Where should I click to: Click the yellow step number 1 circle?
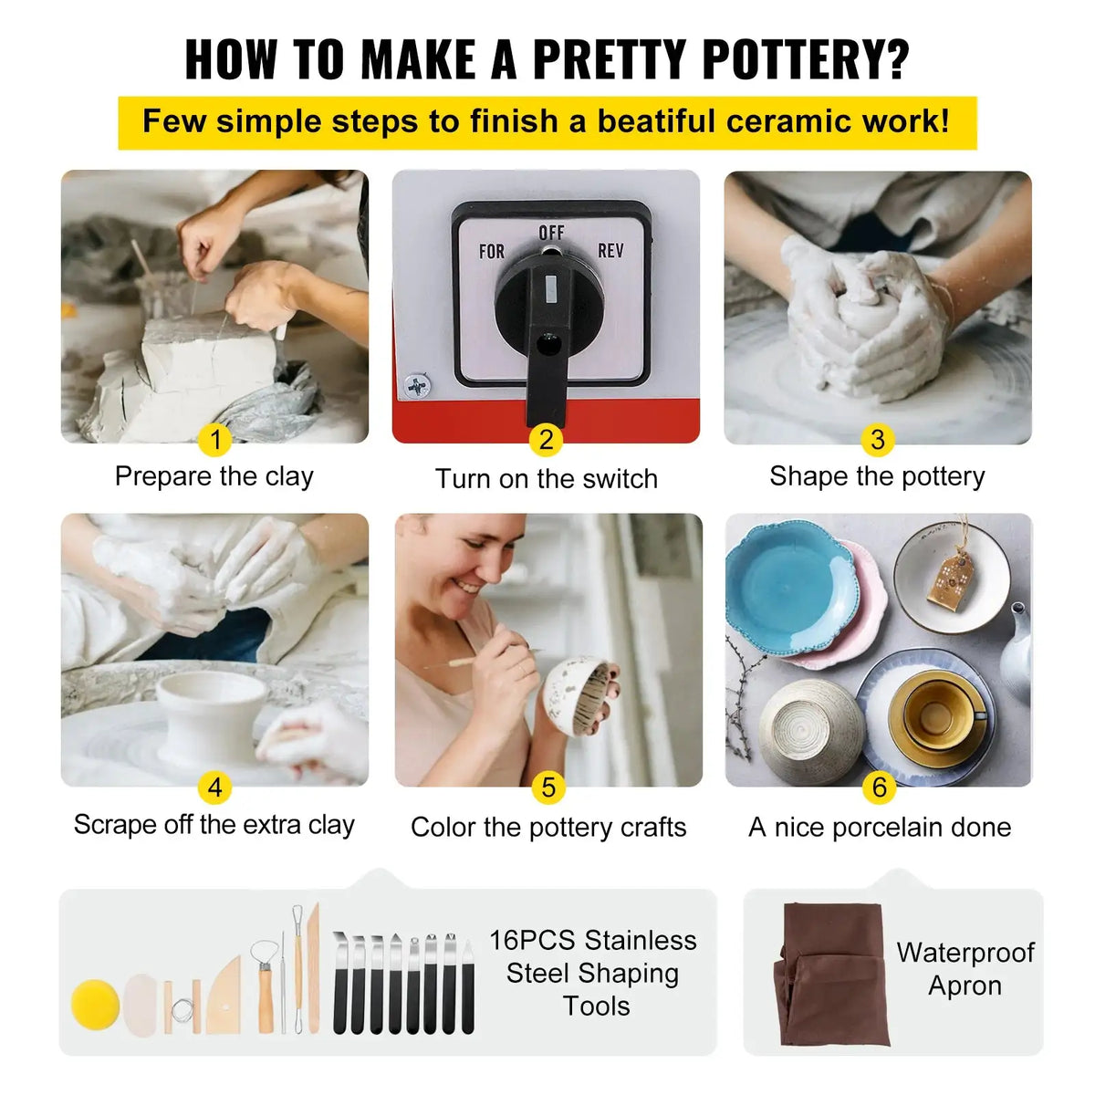(215, 440)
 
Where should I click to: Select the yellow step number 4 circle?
(215, 787)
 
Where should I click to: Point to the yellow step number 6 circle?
(879, 787)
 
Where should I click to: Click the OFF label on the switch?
(551, 234)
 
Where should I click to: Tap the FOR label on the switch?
(492, 251)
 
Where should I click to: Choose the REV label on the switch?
(610, 250)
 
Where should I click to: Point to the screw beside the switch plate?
(418, 387)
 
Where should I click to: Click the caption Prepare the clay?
(214, 476)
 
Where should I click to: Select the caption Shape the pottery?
(877, 476)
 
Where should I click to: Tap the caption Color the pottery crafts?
(548, 828)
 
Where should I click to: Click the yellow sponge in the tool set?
(96, 1005)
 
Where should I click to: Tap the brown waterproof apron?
(830, 972)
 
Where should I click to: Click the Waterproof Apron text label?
(965, 969)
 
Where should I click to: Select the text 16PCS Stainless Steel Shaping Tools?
(593, 973)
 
